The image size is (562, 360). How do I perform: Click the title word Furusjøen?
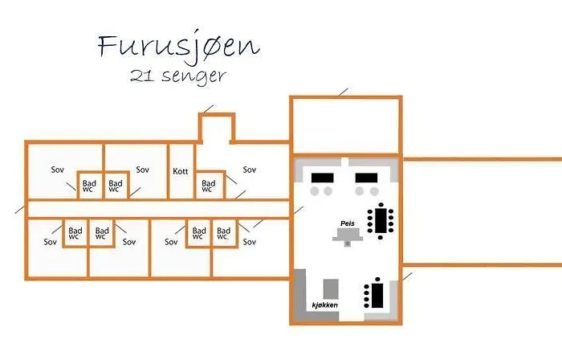coord(178,47)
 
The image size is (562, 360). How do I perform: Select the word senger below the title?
coord(194,76)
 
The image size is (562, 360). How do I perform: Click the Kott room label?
coord(181,171)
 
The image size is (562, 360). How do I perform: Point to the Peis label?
coord(348,223)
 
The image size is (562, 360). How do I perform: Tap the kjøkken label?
coord(324,305)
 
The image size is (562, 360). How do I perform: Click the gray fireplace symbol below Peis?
coord(348,238)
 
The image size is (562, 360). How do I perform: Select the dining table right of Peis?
coord(381,220)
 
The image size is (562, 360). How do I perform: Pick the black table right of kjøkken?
coord(375,294)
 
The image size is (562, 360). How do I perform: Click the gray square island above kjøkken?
coord(331,289)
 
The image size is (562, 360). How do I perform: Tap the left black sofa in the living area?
coord(323,178)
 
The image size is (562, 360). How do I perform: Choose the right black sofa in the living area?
coord(366,178)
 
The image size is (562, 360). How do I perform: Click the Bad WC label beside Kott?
coord(208,186)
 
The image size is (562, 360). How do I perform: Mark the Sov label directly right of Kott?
coord(250,170)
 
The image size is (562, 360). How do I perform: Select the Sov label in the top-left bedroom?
coord(57,170)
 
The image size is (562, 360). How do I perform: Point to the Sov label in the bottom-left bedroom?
coord(50,242)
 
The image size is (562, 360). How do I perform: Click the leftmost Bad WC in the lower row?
coord(75,233)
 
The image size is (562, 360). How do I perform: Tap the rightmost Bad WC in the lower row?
coord(223,233)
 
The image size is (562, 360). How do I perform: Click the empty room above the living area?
coord(346,125)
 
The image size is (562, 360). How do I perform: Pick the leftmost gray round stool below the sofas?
coord(315,191)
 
